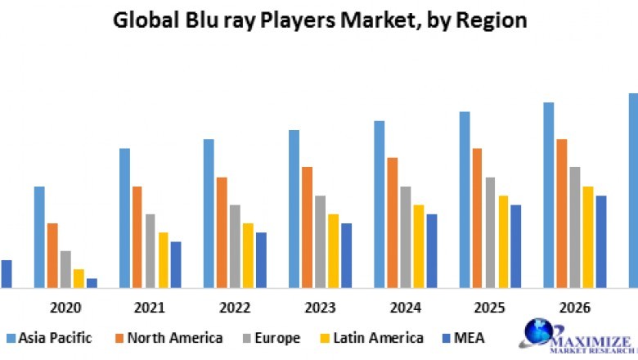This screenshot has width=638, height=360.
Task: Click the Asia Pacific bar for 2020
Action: click(x=39, y=237)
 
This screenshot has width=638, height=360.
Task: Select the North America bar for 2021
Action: click(x=137, y=237)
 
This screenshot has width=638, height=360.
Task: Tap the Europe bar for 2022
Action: click(x=235, y=246)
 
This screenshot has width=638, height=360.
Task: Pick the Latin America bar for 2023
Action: click(x=333, y=251)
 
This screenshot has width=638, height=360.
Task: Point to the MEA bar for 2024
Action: click(x=432, y=251)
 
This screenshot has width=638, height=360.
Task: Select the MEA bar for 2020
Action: click(x=92, y=283)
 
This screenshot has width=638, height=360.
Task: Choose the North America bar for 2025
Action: click(x=477, y=218)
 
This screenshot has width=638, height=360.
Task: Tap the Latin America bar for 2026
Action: click(x=588, y=237)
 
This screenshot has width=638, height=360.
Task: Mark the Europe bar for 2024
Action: click(x=406, y=237)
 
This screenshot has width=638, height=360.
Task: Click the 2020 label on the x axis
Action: click(x=65, y=308)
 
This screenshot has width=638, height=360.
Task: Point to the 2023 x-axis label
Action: click(x=320, y=308)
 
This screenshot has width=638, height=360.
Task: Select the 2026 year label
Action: click(x=574, y=308)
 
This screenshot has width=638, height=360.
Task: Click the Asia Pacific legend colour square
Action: click(x=11, y=338)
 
